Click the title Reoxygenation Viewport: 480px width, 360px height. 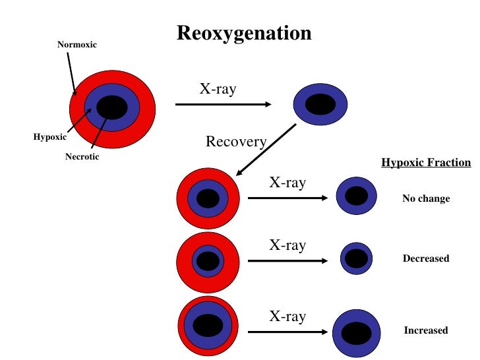point(244,33)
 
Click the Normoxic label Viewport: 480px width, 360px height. point(76,45)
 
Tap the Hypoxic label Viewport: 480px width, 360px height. point(49,137)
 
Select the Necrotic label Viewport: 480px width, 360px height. point(82,157)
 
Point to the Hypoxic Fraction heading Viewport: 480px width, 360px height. point(426,163)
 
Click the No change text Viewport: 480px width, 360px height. point(426,198)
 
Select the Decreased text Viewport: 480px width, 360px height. point(426,259)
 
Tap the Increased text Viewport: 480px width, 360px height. point(426,330)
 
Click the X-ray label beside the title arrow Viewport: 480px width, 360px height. point(217,89)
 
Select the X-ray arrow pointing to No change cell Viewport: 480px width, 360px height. point(287,198)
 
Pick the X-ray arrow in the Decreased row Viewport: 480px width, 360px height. point(287,260)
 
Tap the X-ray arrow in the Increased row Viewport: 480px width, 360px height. point(287,332)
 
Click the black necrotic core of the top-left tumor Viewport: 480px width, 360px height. point(112,107)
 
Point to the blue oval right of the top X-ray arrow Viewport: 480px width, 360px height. point(320,104)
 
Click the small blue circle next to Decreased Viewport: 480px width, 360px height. point(356,258)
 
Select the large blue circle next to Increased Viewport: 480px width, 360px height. point(357,332)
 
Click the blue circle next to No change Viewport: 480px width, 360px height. point(356,196)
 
